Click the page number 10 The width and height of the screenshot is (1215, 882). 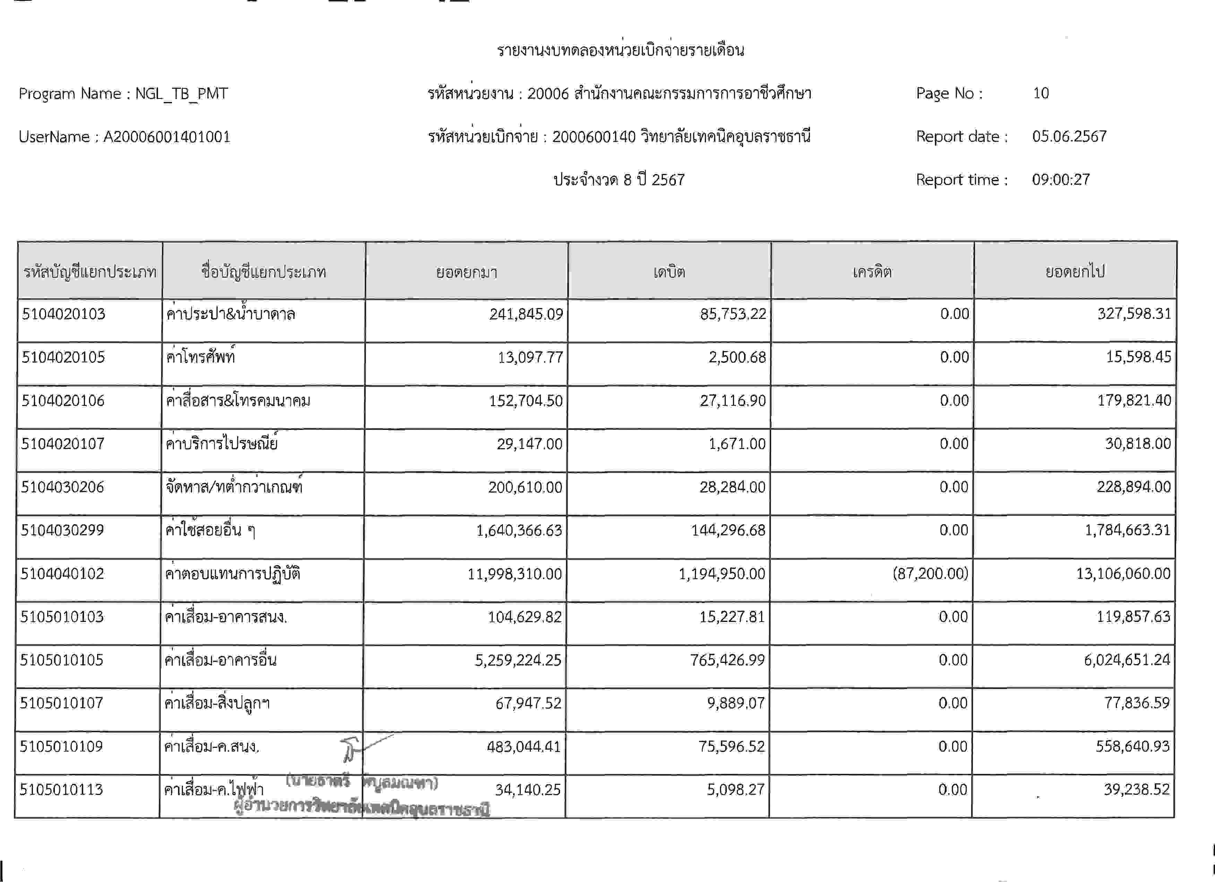pos(1040,93)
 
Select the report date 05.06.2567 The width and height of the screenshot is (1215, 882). pos(1069,137)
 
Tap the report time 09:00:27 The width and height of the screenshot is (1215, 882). pos(1061,179)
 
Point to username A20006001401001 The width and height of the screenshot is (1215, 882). pos(166,137)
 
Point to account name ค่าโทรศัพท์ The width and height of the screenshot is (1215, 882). pos(201,357)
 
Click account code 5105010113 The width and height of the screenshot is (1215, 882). pos(61,790)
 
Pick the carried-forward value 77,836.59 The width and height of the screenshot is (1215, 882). pos(1136,703)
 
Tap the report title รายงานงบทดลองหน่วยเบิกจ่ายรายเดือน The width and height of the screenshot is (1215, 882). pos(620,50)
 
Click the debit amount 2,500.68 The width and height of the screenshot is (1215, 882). pos(737,357)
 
